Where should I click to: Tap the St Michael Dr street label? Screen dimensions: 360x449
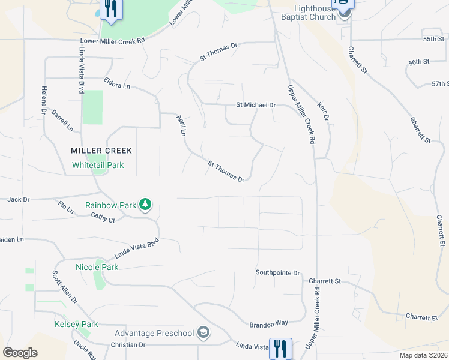click(256, 105)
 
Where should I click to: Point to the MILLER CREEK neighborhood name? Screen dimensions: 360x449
click(101, 150)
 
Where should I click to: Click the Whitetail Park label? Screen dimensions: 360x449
click(98, 164)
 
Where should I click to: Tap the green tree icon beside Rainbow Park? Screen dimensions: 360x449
click(145, 205)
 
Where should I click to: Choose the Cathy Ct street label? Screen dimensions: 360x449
click(103, 218)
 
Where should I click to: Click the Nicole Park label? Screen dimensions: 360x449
click(97, 266)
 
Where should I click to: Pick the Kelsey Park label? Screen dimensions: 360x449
click(76, 324)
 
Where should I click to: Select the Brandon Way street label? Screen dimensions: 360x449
click(268, 323)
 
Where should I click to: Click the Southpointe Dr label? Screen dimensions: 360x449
click(277, 272)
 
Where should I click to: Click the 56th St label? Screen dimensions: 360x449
click(419, 62)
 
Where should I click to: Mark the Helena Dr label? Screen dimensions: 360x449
click(44, 100)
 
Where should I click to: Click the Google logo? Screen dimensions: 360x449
click(20, 353)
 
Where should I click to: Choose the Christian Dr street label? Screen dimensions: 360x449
click(128, 345)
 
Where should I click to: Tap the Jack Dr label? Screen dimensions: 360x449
click(19, 199)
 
